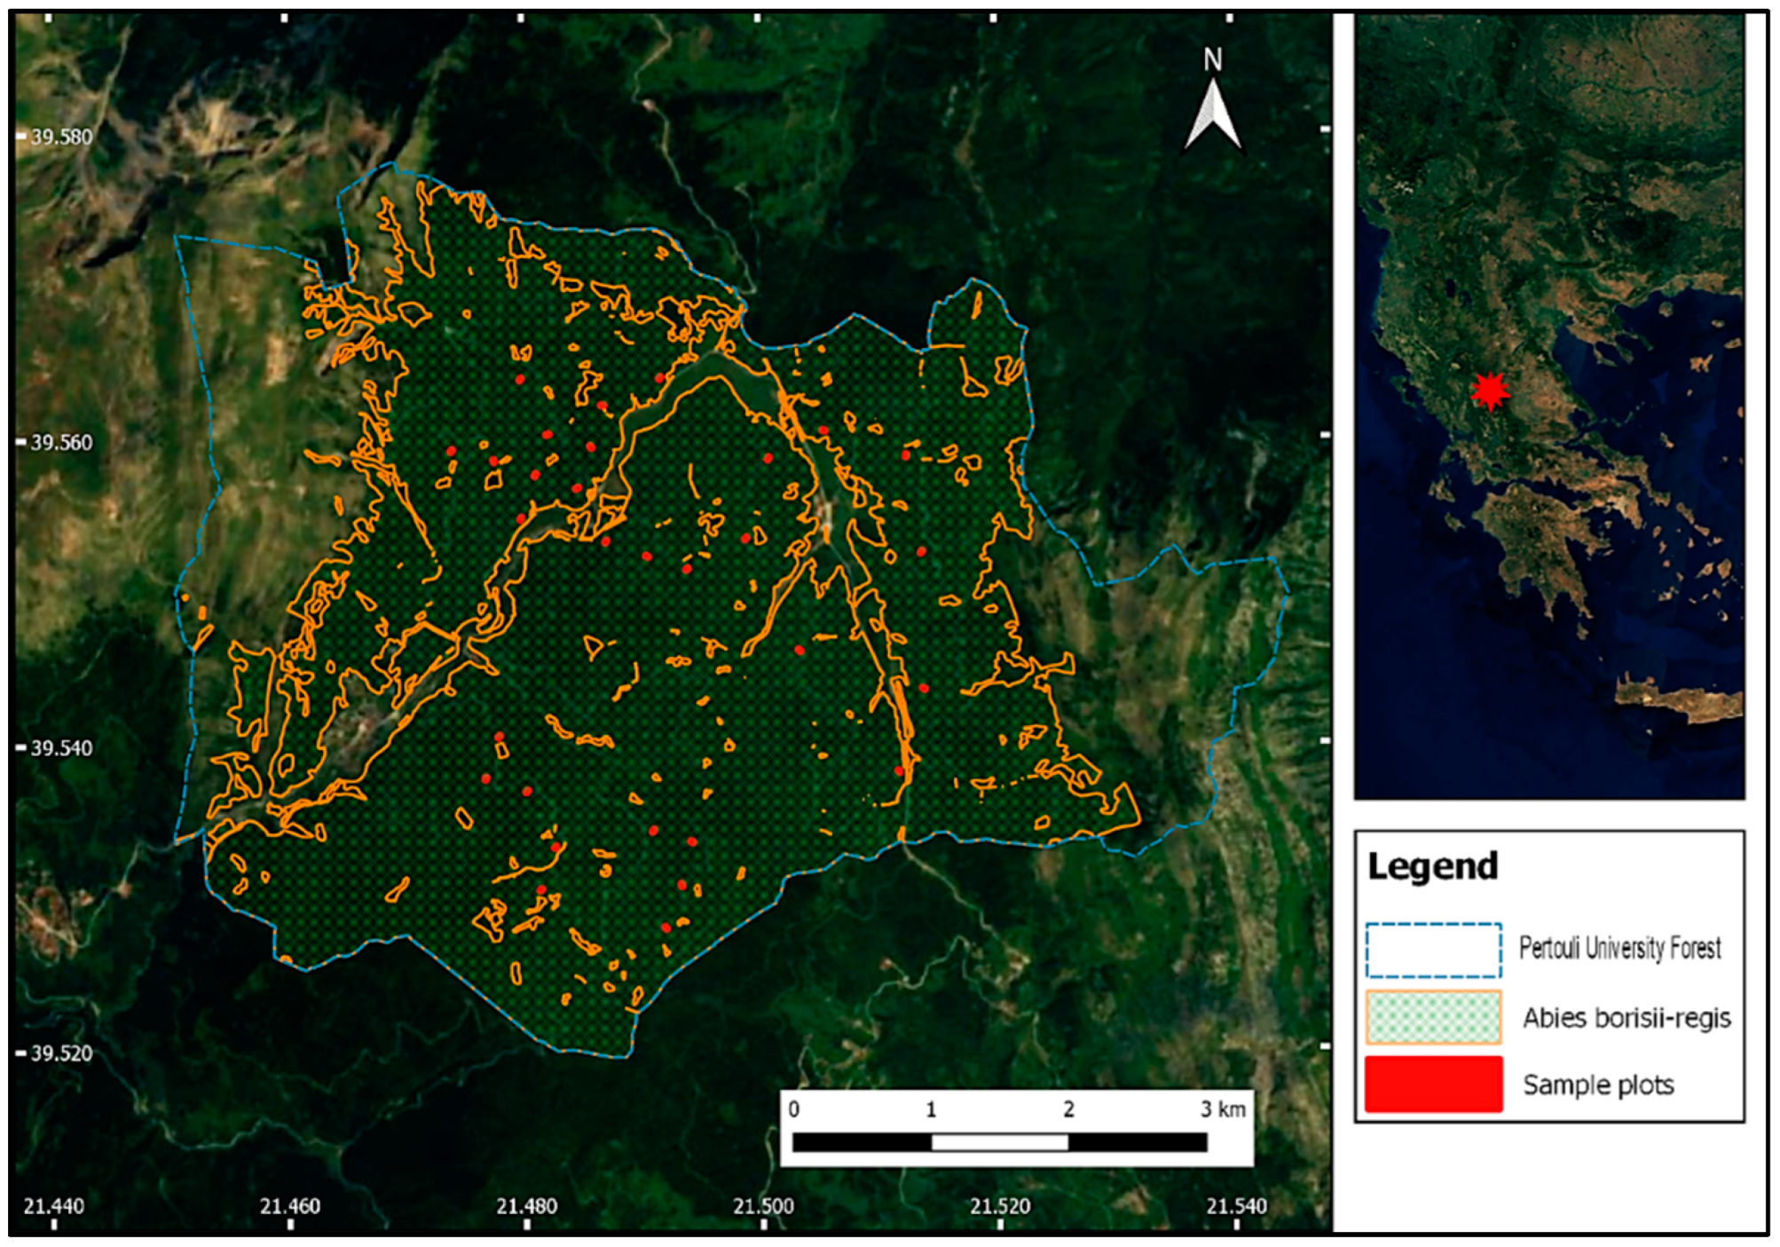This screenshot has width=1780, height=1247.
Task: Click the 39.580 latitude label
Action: coord(61,137)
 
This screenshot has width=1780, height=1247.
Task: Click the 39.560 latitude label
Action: coord(61,442)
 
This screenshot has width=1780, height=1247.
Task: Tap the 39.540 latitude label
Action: coord(61,748)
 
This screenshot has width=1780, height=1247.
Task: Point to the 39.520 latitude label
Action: coord(61,1054)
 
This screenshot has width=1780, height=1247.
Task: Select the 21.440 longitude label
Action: coord(54,1206)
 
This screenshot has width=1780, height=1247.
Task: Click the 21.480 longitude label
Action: coord(527,1206)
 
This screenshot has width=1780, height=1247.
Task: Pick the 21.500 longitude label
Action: coord(764,1206)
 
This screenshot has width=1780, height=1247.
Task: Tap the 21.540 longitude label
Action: coord(1237,1206)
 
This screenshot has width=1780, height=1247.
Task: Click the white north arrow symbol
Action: coord(1212,115)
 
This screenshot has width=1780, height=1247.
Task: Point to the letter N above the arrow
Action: coord(1213,59)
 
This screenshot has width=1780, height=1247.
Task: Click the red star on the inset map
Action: coord(1490,391)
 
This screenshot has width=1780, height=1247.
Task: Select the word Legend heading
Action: coord(1432,866)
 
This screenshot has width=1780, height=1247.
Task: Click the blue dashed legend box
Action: coord(1433,950)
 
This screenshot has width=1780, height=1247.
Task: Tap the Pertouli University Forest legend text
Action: coord(1619,948)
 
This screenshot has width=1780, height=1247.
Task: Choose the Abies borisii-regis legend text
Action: coord(1626,1017)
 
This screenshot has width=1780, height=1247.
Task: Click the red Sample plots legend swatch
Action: coord(1433,1084)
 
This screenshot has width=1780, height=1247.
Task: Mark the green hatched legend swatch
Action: coord(1433,1017)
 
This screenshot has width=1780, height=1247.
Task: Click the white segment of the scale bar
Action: coord(999,1142)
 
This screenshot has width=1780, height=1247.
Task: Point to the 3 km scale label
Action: coord(1223,1109)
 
